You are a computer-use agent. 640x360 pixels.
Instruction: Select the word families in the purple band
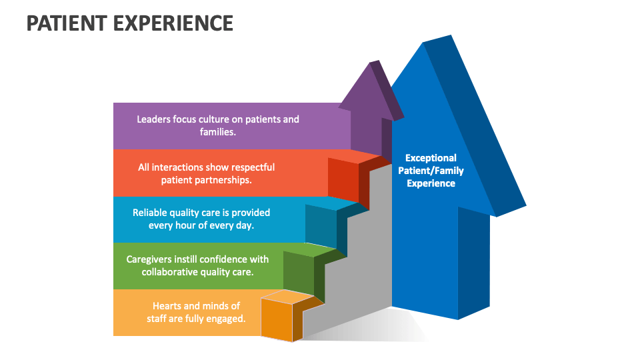217,132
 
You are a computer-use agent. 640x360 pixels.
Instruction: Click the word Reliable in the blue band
151,213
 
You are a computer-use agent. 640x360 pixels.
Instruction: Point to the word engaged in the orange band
228,319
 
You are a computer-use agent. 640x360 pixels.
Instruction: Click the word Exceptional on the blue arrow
431,158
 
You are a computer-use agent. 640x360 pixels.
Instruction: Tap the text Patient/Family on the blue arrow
431,171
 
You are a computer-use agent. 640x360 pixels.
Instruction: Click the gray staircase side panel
360,267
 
